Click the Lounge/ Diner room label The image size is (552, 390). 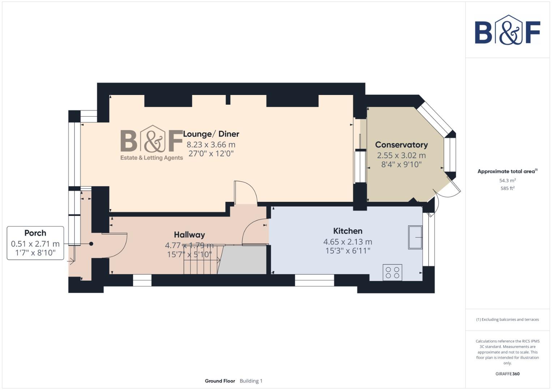[211, 134]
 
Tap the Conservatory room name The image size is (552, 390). [401, 145]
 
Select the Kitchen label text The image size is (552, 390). [347, 231]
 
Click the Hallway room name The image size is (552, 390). [189, 235]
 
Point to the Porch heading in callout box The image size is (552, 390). [35, 233]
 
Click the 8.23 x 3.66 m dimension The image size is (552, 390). [211, 144]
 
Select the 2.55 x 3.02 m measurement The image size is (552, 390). [401, 155]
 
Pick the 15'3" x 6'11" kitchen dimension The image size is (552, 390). [347, 251]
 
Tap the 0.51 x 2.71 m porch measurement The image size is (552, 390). [35, 244]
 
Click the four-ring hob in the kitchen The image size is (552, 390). [392, 272]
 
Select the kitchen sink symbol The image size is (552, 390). [415, 237]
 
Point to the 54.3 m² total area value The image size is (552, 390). [508, 181]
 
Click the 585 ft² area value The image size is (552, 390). [508, 188]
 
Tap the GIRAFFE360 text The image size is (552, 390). [508, 374]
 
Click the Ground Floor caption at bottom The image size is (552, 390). [220, 381]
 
